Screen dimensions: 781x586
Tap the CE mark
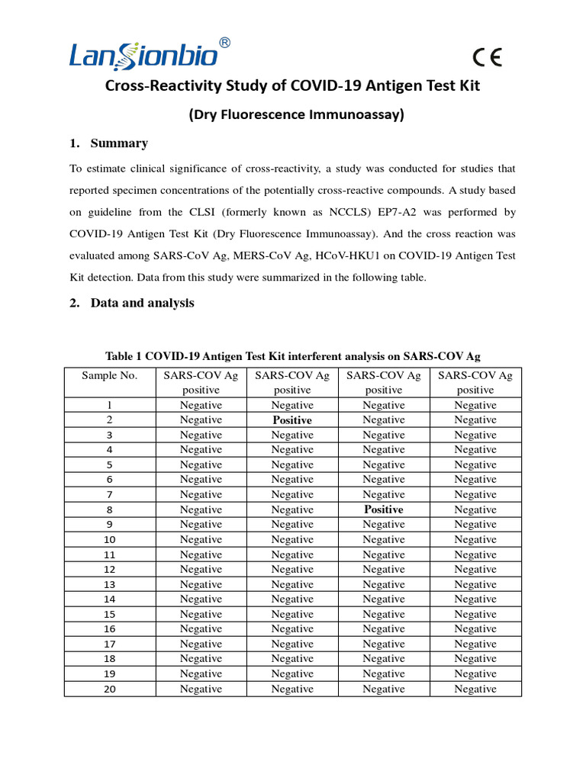(x=487, y=59)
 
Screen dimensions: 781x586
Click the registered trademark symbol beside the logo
(x=224, y=43)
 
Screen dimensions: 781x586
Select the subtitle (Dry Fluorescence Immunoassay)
(x=296, y=115)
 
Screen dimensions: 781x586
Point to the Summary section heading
(x=118, y=143)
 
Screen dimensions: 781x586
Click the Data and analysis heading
(x=142, y=303)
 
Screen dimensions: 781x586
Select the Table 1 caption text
(x=292, y=355)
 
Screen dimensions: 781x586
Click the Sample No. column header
(x=110, y=375)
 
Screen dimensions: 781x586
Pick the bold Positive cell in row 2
(x=292, y=420)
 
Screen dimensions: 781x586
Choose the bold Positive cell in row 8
(x=384, y=509)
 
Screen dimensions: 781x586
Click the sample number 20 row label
(x=110, y=689)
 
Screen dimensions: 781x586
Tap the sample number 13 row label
(x=110, y=584)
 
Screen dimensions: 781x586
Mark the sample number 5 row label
(x=110, y=464)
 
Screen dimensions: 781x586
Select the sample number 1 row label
(x=110, y=405)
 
